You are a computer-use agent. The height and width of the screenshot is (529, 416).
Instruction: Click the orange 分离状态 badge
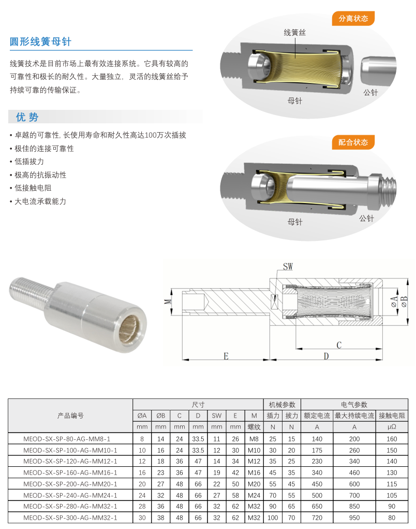tap(353, 19)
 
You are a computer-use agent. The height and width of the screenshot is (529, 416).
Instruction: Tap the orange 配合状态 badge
tap(353, 142)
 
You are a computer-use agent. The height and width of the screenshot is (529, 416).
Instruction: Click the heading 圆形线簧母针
tap(40, 42)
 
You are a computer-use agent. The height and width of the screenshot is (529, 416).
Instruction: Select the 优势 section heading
tap(27, 117)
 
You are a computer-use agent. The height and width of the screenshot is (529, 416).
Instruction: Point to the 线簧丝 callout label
tap(295, 33)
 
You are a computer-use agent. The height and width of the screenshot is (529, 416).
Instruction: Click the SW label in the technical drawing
tap(288, 266)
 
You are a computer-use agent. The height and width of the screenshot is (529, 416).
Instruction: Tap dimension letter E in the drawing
tap(226, 356)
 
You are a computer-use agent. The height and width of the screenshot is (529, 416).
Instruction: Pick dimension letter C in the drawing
tap(339, 345)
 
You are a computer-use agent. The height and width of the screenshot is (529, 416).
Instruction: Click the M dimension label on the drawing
tap(168, 301)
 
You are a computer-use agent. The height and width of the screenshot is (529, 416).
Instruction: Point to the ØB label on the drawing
tap(404, 301)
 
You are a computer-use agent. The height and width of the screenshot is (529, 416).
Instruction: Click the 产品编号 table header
tap(70, 416)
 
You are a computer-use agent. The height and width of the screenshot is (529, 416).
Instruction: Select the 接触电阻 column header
tap(392, 416)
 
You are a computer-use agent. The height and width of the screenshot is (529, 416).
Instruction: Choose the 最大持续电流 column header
tap(354, 416)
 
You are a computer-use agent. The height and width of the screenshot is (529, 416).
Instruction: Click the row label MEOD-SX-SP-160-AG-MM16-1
tap(70, 473)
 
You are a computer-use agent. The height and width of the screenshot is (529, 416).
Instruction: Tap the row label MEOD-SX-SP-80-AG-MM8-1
tap(67, 439)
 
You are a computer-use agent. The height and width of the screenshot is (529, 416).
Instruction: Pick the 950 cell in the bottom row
tap(354, 518)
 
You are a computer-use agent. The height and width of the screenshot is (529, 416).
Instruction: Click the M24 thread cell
tap(254, 495)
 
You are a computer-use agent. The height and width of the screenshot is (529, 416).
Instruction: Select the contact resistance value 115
tap(392, 484)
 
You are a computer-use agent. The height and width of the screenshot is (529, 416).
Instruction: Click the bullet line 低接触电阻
tap(33, 188)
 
